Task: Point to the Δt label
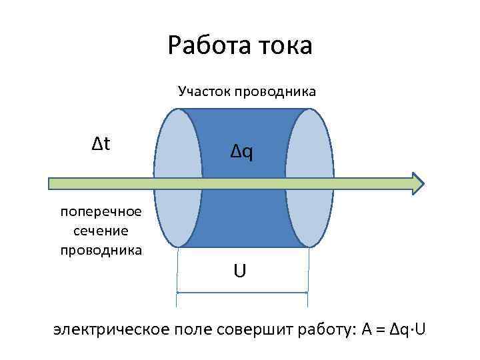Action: pos(101,143)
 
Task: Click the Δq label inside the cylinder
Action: pos(242,153)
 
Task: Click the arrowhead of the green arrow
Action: pos(417,183)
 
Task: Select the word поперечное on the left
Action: pos(101,212)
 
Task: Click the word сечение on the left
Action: pos(101,231)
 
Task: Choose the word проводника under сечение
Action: pos(101,250)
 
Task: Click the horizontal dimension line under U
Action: pos(242,292)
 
